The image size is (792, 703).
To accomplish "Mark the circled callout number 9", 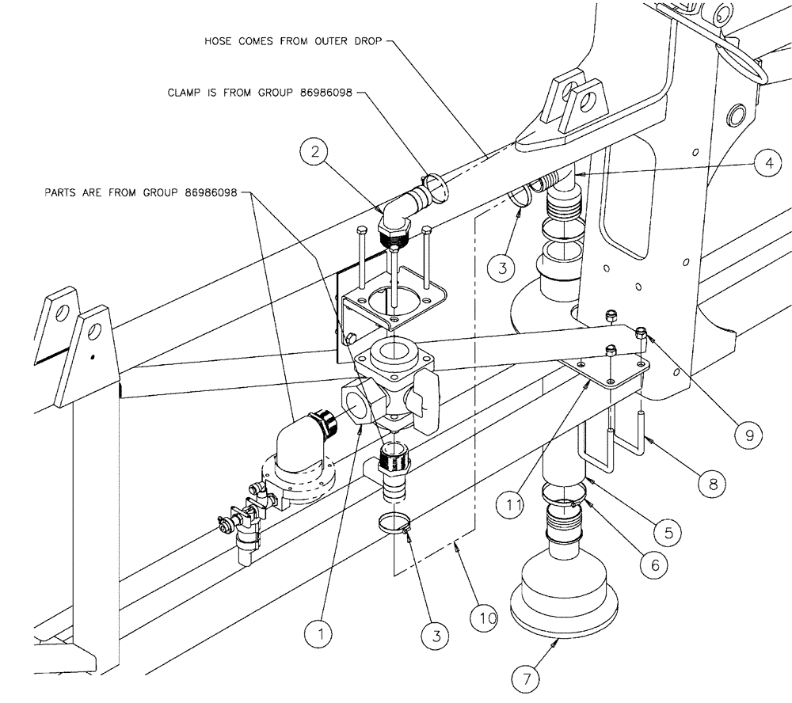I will (748, 433).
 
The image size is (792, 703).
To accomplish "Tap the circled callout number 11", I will (512, 502).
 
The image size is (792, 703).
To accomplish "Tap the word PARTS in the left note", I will (62, 192).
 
